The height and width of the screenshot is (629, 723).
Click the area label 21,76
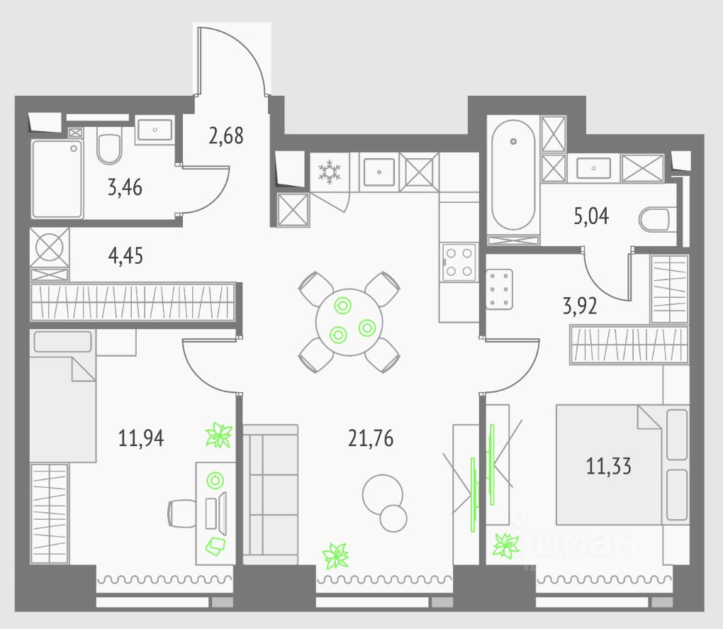(x=370, y=438)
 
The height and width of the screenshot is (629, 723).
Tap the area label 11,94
(x=141, y=438)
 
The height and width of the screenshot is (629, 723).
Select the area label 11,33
(x=608, y=466)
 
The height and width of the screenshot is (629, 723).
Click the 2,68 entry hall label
(x=226, y=135)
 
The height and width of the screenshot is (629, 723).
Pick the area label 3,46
(x=124, y=188)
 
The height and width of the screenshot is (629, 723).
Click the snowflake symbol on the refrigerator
(x=329, y=172)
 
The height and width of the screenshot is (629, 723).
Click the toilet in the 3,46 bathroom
(x=109, y=147)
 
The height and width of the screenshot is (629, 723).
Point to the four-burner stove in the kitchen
(x=459, y=262)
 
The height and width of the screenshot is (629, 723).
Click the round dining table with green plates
(x=349, y=321)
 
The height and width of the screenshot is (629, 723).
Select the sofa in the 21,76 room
(x=270, y=494)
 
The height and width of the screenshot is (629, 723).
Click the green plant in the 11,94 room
(x=218, y=435)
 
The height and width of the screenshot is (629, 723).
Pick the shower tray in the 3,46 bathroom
(x=57, y=179)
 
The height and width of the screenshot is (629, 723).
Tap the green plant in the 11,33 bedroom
(x=506, y=545)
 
